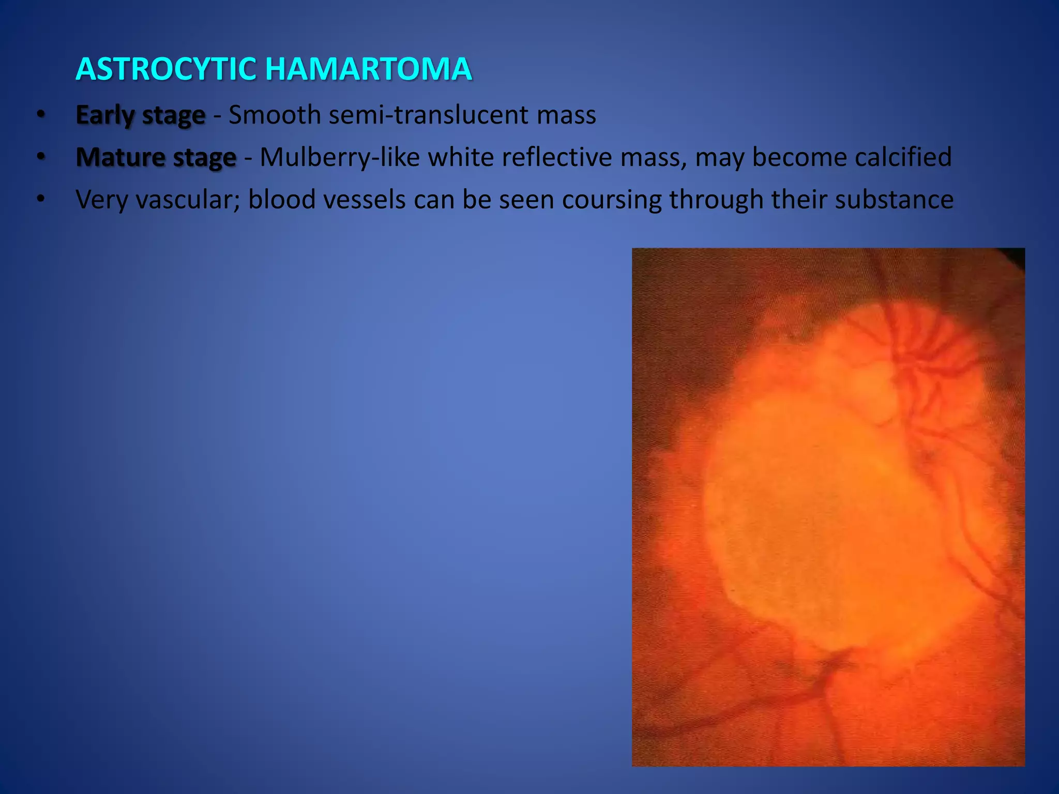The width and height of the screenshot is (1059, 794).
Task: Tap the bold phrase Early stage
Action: point(140,115)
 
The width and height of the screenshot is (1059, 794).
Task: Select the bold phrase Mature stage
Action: point(156,158)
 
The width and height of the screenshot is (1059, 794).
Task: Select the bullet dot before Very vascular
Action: point(41,200)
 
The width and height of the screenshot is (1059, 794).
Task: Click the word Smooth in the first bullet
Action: point(275,115)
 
